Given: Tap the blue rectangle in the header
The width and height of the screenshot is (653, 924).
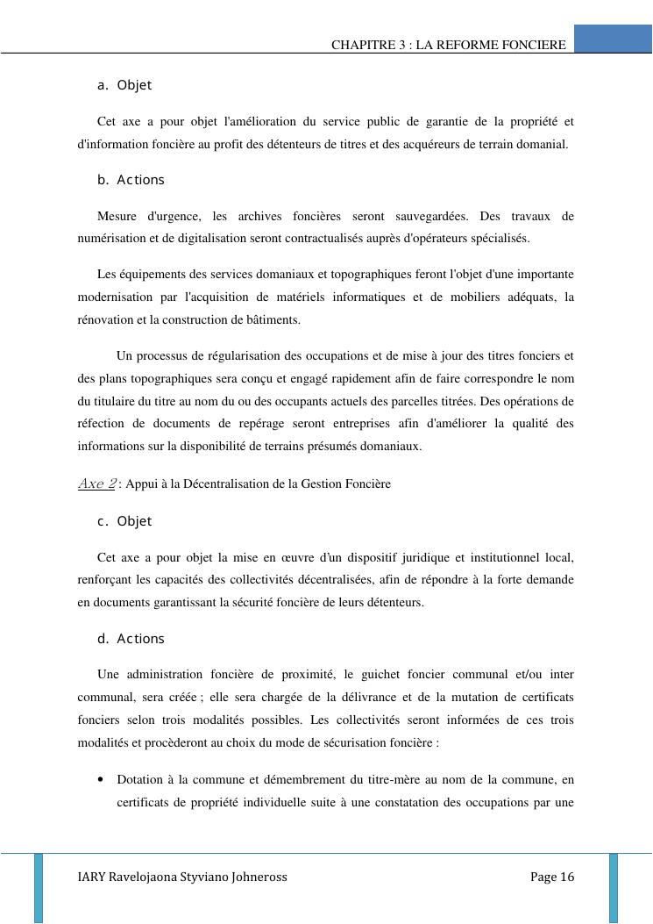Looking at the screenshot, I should click(613, 39).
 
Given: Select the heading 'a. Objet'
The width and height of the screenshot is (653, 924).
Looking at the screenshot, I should click(124, 85).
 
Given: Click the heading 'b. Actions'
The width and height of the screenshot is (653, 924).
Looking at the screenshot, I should click(131, 180).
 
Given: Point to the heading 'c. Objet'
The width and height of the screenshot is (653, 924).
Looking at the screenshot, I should click(124, 521).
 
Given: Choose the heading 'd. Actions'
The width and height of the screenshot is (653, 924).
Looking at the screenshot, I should click(131, 639).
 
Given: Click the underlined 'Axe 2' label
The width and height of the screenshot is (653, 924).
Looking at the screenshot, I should click(96, 483).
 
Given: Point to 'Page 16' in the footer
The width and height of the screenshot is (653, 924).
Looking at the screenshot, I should click(552, 877).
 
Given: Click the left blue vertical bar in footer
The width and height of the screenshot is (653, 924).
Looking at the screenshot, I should click(39, 886).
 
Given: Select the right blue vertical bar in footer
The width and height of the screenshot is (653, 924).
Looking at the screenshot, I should click(614, 886).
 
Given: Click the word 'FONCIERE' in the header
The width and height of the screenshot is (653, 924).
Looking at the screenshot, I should click(536, 45).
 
